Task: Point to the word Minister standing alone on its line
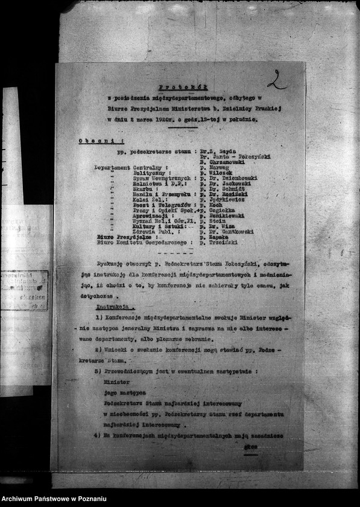coord(116,382)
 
